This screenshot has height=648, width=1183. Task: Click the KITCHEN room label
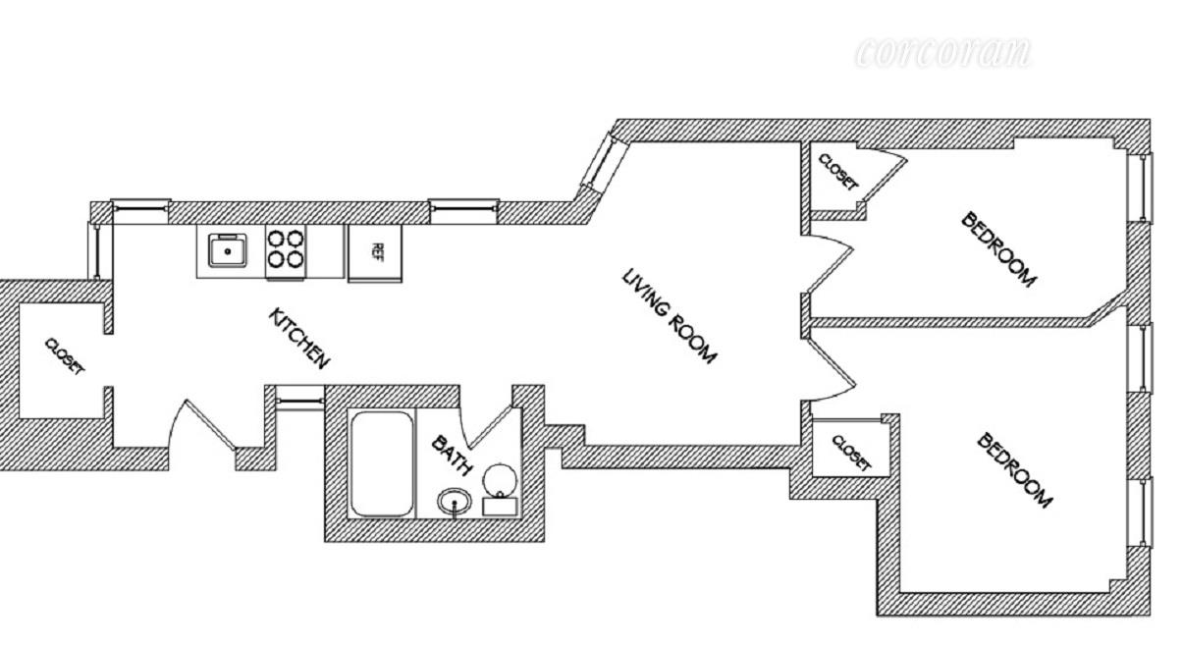click(298, 339)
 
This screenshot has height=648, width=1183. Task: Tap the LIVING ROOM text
click(671, 315)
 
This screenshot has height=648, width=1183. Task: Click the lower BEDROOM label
click(1015, 470)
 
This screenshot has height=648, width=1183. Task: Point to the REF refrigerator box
click(375, 251)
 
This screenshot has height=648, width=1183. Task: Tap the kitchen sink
click(229, 251)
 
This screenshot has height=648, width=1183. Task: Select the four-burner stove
click(286, 249)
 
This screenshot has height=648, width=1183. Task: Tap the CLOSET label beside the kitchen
click(65, 355)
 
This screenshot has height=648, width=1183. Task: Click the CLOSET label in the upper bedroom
click(837, 172)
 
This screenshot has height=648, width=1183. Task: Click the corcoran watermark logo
click(942, 53)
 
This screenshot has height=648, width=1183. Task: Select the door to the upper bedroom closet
click(887, 174)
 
